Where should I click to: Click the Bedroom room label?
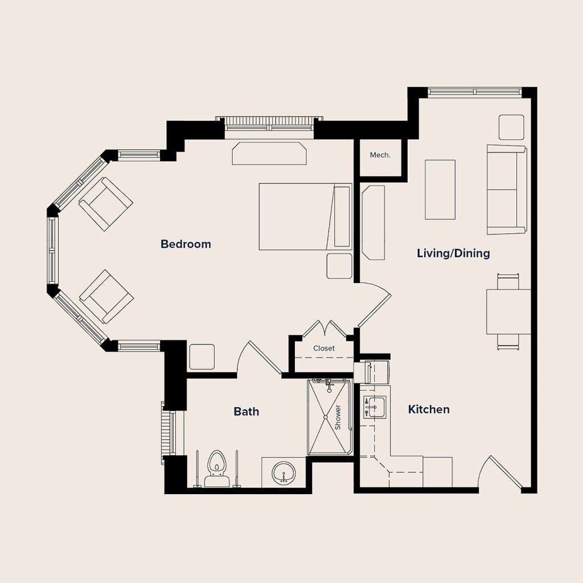pyautogui.click(x=186, y=244)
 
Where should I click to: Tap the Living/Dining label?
pyautogui.click(x=453, y=253)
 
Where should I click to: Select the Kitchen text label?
pyautogui.click(x=429, y=409)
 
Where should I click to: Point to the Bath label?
pyautogui.click(x=246, y=412)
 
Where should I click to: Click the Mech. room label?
pyautogui.click(x=380, y=155)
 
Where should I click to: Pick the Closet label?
pyautogui.click(x=324, y=348)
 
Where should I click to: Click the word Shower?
pyautogui.click(x=338, y=417)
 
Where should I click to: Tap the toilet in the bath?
pyautogui.click(x=216, y=469)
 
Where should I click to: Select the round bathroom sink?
pyautogui.click(x=284, y=473)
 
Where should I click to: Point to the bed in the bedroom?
pyautogui.click(x=305, y=216)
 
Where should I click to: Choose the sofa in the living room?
pyautogui.click(x=507, y=190)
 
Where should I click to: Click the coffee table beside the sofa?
pyautogui.click(x=440, y=190)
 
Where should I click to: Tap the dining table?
pyautogui.click(x=508, y=311)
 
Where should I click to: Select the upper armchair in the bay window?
pyautogui.click(x=105, y=204)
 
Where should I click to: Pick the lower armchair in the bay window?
pyautogui.click(x=106, y=297)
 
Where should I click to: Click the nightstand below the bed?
pyautogui.click(x=339, y=266)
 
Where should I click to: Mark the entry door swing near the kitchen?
pyautogui.click(x=500, y=471)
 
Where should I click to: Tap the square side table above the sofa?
pyautogui.click(x=511, y=127)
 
